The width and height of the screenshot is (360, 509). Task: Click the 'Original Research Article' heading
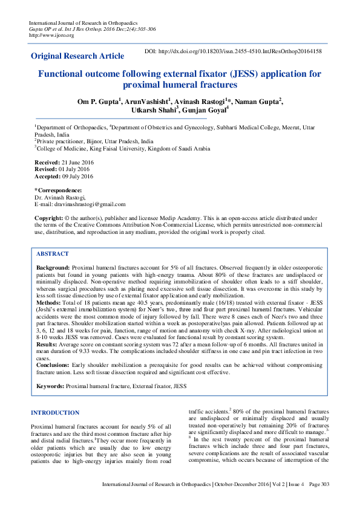(x=77, y=56)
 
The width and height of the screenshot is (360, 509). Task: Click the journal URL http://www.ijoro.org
(x=51, y=35)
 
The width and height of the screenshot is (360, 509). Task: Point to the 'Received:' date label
(x=47, y=163)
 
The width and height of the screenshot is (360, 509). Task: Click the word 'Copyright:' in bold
(x=49, y=217)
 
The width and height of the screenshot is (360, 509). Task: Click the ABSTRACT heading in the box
(x=53, y=254)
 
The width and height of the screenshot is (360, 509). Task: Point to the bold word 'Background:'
(x=53, y=267)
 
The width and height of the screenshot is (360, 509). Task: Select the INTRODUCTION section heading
(x=54, y=413)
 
